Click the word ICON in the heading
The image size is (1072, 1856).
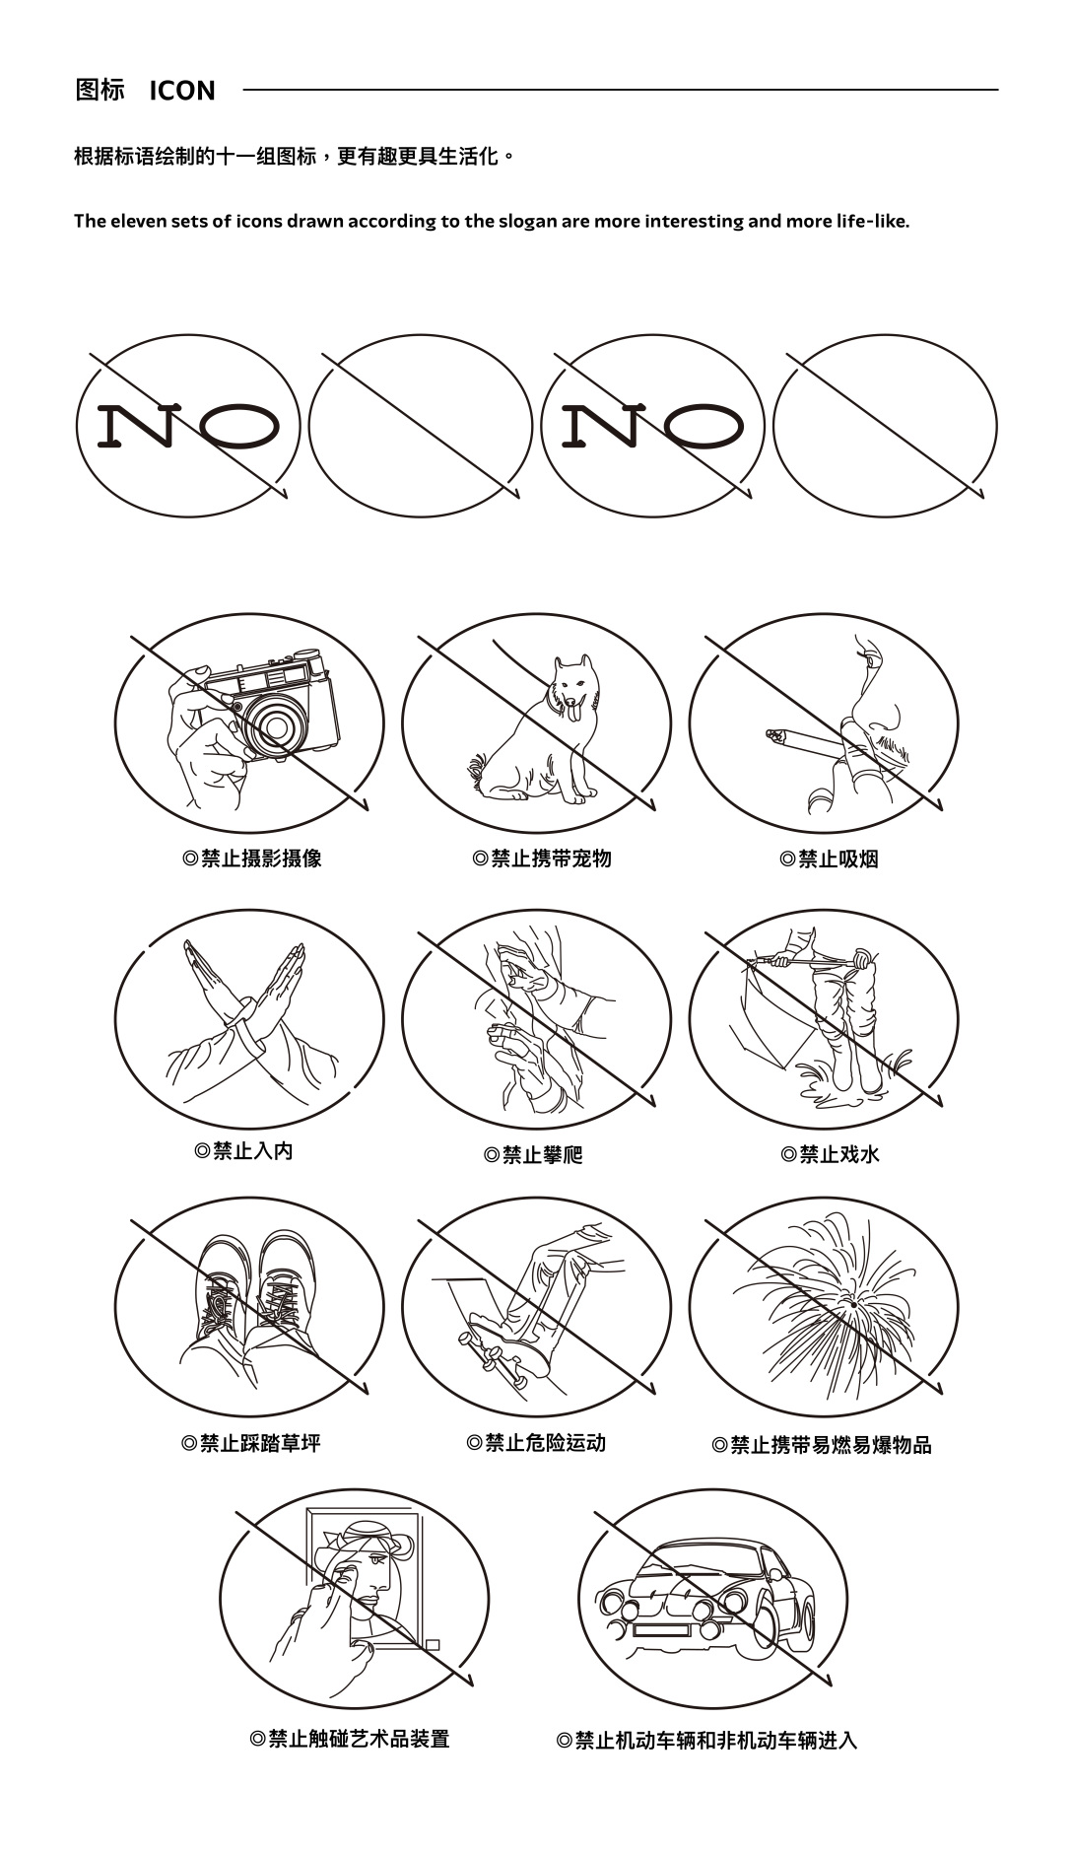182,91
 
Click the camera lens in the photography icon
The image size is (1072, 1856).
274,727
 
